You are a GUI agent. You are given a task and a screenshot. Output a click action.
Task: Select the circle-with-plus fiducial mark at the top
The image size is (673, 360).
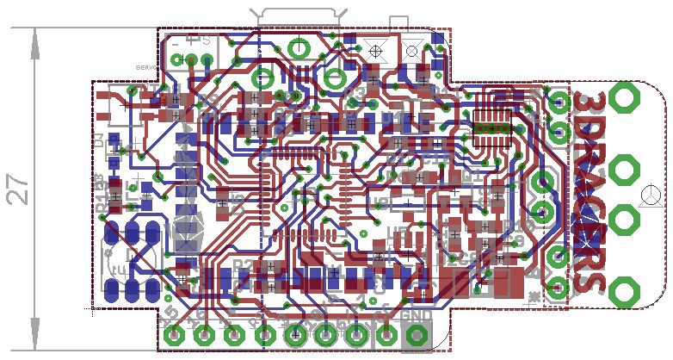[374, 52]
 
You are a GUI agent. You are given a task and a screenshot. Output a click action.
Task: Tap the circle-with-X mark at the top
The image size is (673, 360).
[412, 52]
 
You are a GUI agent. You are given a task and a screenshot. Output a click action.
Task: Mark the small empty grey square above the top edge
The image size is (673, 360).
[399, 24]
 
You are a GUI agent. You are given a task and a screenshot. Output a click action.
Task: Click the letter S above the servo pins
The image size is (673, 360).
[207, 40]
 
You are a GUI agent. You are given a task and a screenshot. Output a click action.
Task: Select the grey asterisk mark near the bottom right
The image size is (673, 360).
[535, 296]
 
